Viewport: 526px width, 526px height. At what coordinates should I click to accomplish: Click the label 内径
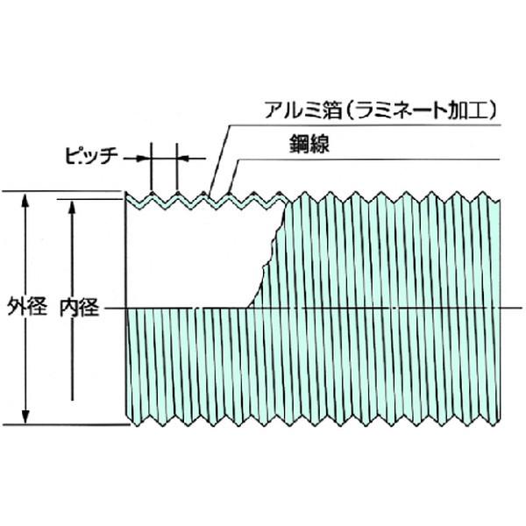(x=80, y=308)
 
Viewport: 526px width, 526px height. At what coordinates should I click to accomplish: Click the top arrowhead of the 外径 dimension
(x=26, y=200)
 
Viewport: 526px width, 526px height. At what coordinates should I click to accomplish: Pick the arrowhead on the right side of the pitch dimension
(x=185, y=159)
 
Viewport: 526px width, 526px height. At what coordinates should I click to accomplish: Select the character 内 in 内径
(x=70, y=308)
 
